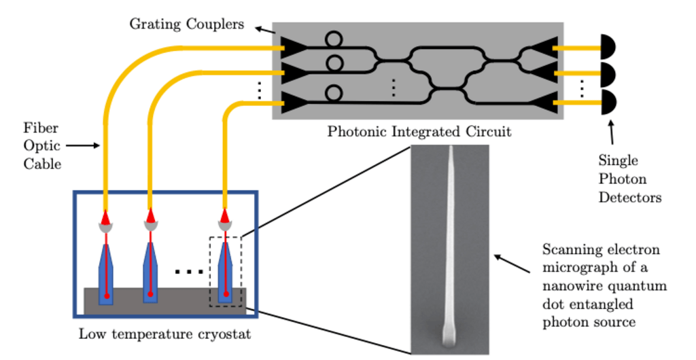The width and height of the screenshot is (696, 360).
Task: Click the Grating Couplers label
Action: point(186,24)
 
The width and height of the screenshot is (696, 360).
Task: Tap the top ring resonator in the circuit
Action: point(334,39)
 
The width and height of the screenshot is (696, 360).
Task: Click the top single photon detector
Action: point(607,48)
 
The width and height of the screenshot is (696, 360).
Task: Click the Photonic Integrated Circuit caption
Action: point(419,131)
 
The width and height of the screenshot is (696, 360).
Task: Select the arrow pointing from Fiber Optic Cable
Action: point(82,145)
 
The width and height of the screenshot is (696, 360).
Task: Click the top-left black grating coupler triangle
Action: point(292,47)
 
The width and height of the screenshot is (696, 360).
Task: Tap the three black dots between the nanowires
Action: point(188,272)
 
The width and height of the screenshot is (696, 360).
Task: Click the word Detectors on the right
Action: point(629,198)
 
